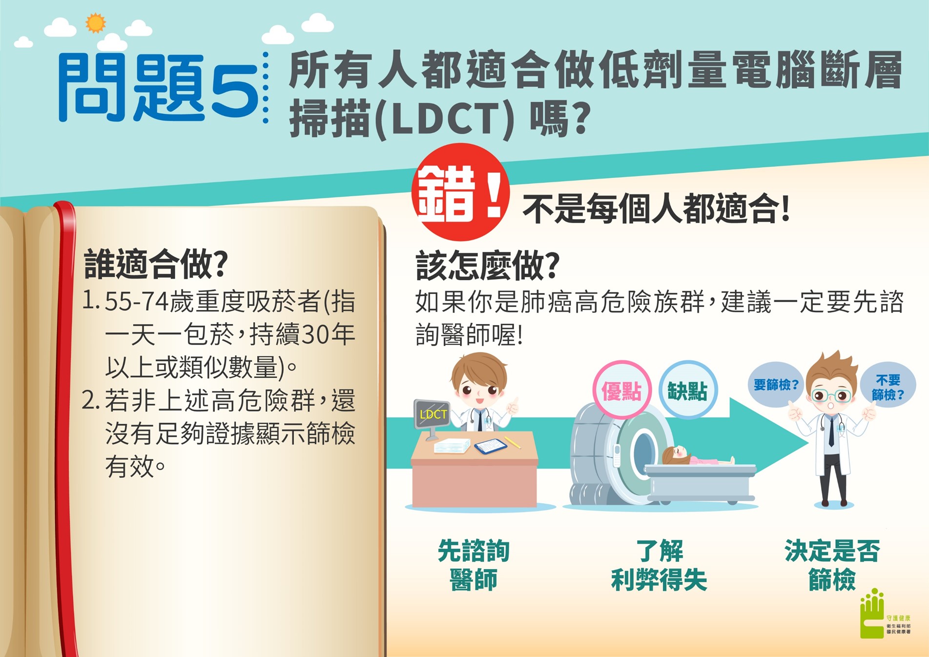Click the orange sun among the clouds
tap(95, 23)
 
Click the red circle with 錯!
tap(460, 192)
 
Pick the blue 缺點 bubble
tap(688, 390)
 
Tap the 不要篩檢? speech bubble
tap(888, 387)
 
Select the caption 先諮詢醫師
tap(474, 565)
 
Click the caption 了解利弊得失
tap(659, 565)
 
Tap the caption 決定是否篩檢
tap(832, 565)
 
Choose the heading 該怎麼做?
tap(487, 266)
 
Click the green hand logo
tap(872, 614)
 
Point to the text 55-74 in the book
tap(137, 302)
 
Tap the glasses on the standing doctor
tap(831, 395)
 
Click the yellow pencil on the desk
tap(512, 442)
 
